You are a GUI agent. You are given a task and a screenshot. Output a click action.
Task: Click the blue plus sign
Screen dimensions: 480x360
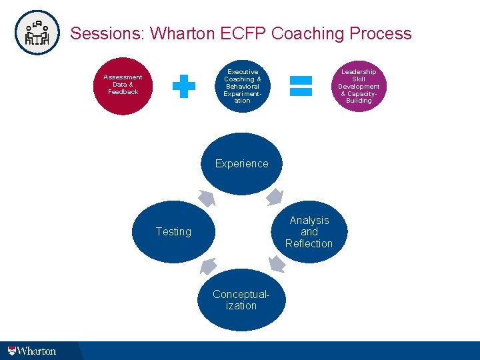[184, 86]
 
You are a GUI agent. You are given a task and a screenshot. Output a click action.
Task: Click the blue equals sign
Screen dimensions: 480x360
[301, 85]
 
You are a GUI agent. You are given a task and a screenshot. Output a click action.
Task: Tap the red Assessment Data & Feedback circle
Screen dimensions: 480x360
[123, 85]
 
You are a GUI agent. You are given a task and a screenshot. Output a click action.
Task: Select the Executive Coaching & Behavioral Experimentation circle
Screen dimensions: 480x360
[242, 85]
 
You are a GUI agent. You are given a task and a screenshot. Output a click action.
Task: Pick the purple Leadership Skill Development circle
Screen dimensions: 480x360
[359, 85]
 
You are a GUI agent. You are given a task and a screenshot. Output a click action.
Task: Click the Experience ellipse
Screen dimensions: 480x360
[241, 164]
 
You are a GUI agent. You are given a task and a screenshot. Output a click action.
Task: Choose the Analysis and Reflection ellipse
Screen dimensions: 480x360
[309, 231]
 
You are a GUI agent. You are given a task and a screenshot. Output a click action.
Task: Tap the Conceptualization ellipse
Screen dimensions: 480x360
[241, 300]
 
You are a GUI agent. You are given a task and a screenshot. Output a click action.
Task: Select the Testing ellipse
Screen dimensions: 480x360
[173, 231]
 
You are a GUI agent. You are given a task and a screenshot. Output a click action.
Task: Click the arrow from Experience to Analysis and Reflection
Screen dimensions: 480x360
[275, 197]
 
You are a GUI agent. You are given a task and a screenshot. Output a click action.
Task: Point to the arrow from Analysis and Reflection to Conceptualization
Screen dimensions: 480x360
[276, 265]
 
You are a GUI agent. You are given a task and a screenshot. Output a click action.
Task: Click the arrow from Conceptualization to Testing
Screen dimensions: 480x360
[208, 267]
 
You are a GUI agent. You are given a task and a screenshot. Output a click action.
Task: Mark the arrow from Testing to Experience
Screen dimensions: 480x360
[207, 198]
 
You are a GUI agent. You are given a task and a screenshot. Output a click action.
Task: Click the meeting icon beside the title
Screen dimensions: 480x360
[37, 32]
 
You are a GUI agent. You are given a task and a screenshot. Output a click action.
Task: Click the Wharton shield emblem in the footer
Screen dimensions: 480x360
[11, 350]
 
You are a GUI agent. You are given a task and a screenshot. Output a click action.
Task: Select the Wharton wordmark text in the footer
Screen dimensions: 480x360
[37, 350]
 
